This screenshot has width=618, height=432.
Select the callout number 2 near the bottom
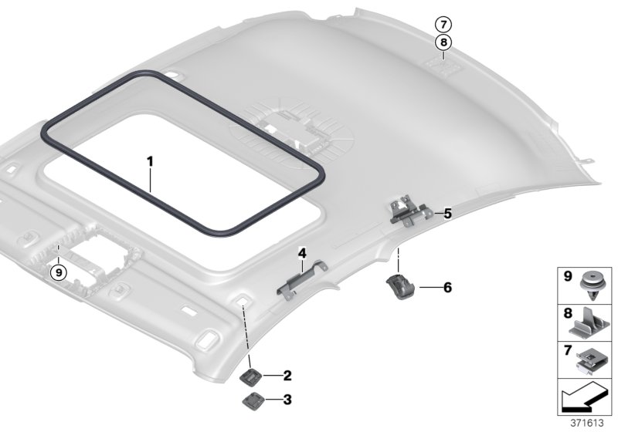[x=287, y=376]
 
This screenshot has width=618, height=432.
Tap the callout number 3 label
[x=287, y=400]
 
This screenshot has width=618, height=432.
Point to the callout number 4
[x=302, y=253]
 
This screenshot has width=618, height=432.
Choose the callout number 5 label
[x=447, y=214]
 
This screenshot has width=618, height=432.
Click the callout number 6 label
[x=447, y=287]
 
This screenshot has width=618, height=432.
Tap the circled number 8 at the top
[x=443, y=43]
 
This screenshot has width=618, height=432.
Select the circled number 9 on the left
[x=56, y=271]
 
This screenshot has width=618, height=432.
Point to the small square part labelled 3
[x=253, y=399]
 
